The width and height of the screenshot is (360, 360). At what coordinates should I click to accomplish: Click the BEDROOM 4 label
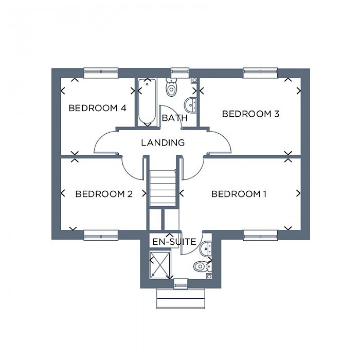pos(97,108)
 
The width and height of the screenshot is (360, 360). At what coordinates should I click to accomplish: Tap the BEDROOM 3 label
pos(250,114)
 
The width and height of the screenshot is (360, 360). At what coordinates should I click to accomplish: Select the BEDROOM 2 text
pos(104,194)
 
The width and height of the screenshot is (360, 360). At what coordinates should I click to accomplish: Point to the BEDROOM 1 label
pos(239,194)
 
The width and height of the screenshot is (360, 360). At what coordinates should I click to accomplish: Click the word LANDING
pos(163,142)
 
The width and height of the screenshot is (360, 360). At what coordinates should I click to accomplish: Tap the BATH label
pos(175,118)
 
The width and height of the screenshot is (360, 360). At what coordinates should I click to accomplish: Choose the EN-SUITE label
pos(174,242)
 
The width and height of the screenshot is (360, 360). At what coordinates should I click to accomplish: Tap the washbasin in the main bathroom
pos(190,105)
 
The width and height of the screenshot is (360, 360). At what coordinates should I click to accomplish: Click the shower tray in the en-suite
pos(160,265)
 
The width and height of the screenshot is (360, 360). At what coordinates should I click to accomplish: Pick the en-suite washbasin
pos(205,248)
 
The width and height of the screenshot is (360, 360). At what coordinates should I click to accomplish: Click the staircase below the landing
pos(163,188)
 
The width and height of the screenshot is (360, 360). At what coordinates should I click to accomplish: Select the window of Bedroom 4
pos(101,73)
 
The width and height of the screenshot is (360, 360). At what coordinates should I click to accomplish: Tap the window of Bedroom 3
pos(261,73)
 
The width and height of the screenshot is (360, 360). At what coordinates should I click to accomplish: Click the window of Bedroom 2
pos(101,235)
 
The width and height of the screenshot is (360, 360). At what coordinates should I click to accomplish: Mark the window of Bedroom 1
pos(261,235)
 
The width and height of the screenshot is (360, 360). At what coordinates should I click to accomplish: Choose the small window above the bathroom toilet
pos(180,73)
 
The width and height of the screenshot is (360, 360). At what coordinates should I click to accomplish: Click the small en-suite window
pos(181,283)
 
